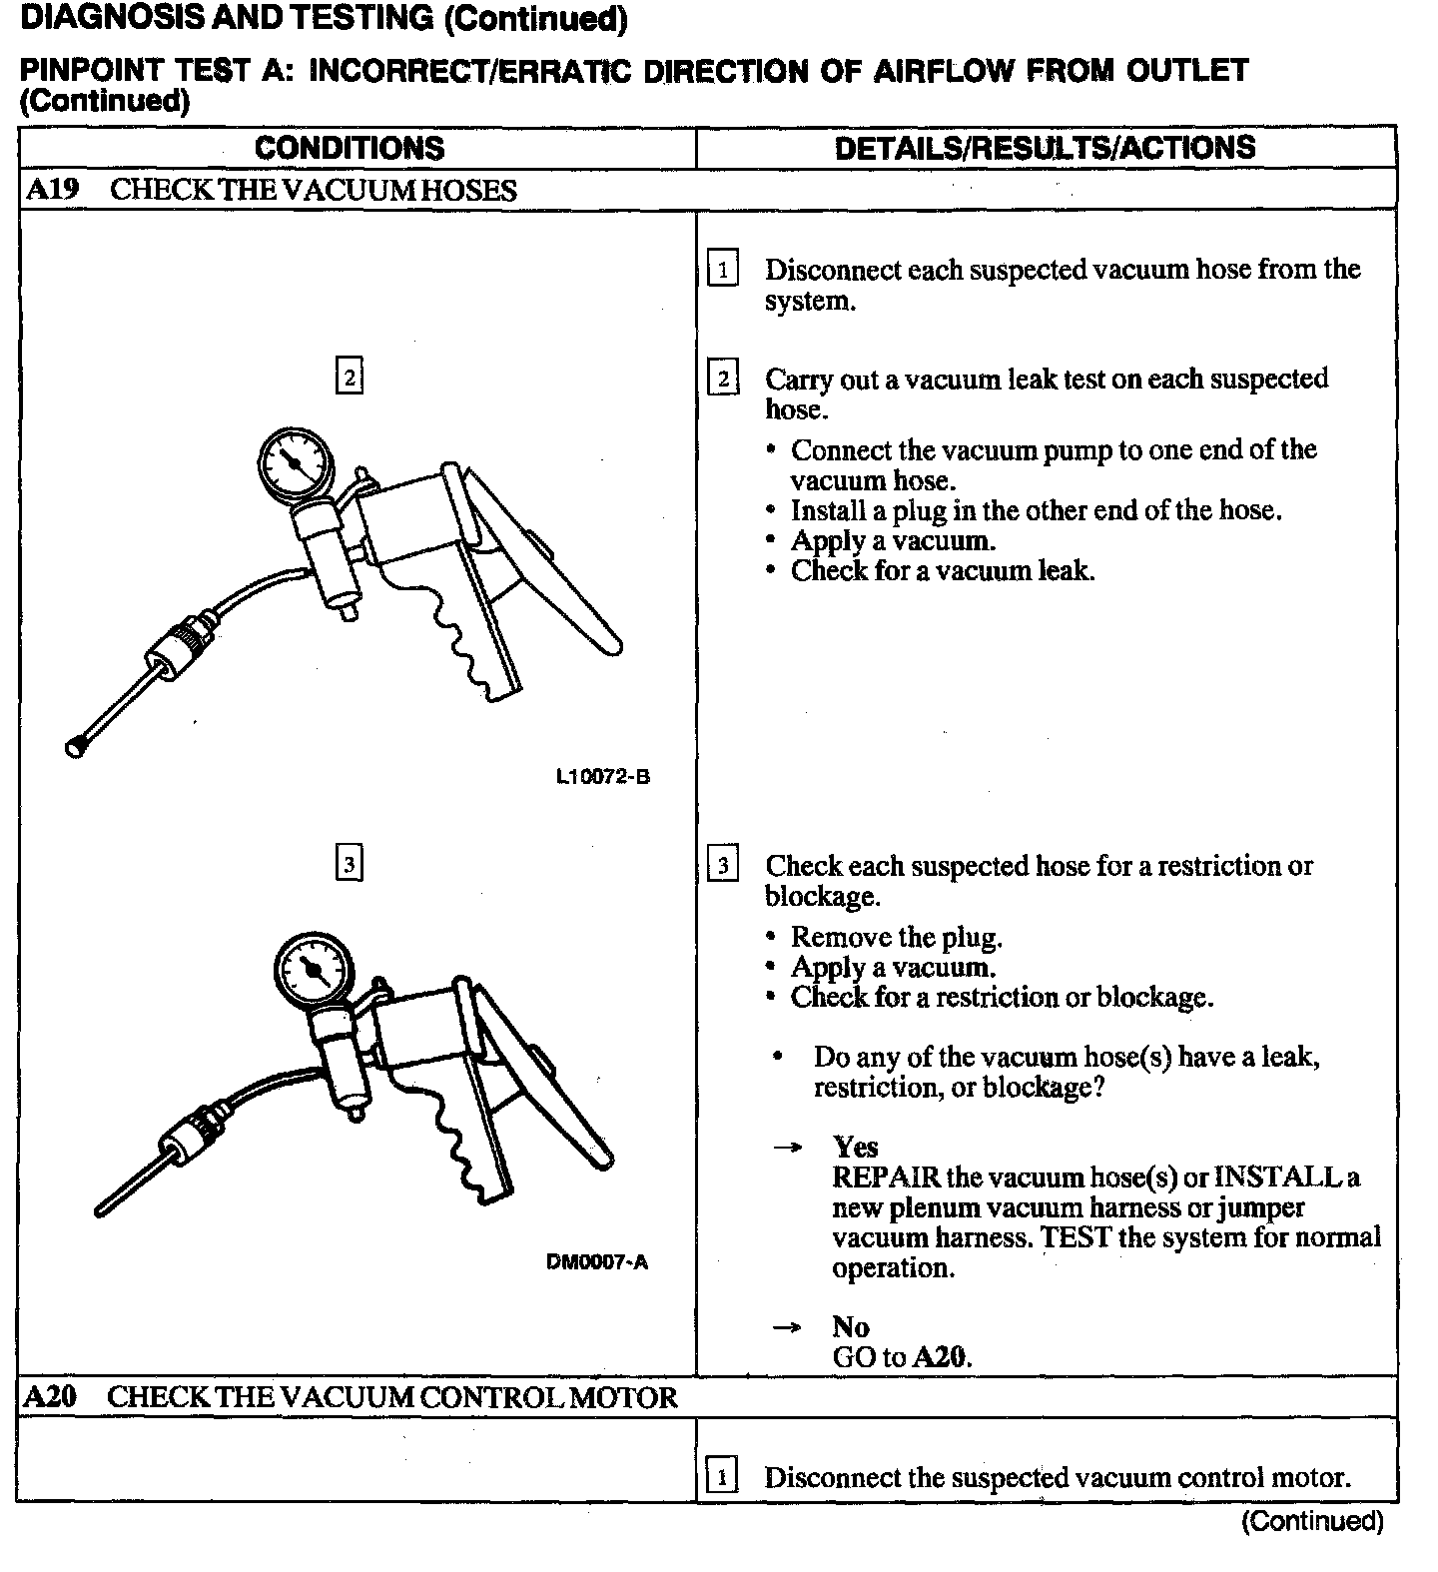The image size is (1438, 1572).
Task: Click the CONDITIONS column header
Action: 350,148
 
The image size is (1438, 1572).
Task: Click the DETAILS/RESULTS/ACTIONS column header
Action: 1045,148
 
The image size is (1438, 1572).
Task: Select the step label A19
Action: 52,190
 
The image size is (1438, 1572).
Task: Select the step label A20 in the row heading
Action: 50,1396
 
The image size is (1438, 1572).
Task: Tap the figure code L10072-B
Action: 603,776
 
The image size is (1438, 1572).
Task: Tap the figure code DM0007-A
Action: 597,1262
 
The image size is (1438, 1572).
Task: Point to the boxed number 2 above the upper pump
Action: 350,377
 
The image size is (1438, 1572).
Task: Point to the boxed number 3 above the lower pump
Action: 350,863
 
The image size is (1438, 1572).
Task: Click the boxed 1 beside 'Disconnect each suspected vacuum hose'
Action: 723,270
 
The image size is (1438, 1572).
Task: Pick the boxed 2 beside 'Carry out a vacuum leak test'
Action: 723,380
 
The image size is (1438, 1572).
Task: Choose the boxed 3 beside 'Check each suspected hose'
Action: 723,865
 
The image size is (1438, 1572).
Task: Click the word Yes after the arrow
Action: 855,1147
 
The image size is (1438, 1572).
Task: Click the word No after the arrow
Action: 851,1326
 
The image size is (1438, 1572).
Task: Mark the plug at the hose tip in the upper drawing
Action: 75,746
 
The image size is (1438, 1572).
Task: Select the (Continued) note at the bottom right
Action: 1312,1521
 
